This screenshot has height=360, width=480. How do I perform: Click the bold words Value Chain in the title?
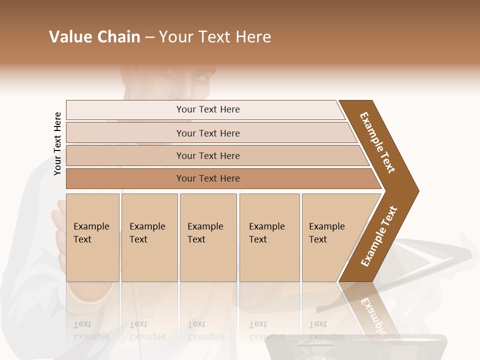[x=94, y=37]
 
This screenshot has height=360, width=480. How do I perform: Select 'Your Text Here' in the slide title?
[x=215, y=37]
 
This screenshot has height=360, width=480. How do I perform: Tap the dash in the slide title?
[x=149, y=37]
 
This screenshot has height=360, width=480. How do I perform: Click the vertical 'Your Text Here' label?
[x=57, y=143]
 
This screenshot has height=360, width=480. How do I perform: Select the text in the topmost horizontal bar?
[x=208, y=109]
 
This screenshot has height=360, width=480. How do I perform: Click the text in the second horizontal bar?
[x=208, y=133]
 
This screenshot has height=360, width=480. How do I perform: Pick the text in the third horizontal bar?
[x=208, y=155]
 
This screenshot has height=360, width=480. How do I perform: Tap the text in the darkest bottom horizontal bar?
[x=208, y=178]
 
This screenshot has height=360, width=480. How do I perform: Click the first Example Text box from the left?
[x=92, y=237]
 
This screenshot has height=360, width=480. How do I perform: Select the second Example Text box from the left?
[x=149, y=237]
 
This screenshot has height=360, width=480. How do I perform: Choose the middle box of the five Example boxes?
[x=208, y=237]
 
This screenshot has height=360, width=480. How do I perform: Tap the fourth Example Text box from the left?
[x=269, y=237]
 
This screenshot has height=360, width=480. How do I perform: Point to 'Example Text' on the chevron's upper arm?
[x=377, y=142]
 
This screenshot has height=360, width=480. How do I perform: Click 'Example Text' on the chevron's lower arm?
[x=379, y=236]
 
